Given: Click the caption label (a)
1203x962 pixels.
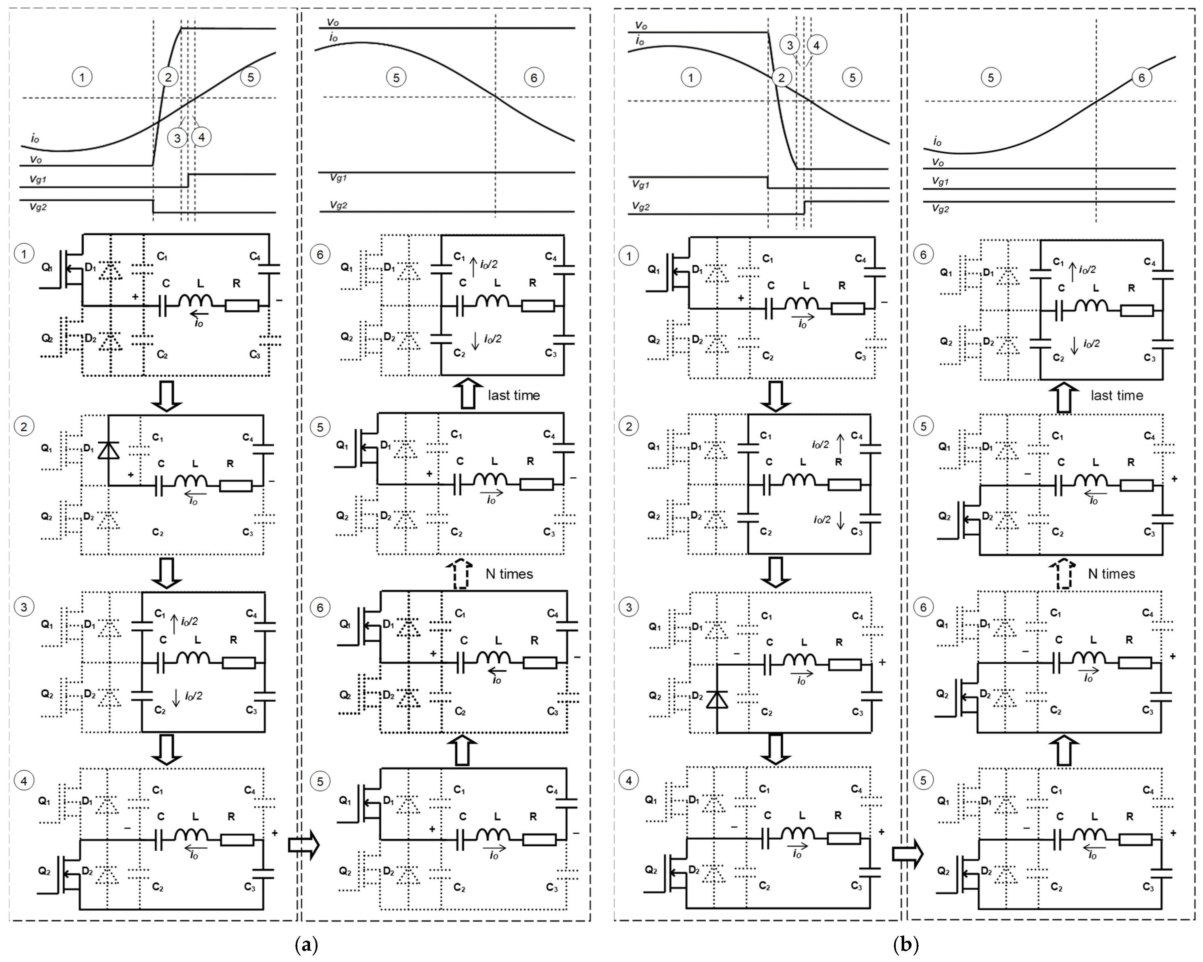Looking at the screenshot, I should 306,945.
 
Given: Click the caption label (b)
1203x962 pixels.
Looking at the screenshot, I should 906,945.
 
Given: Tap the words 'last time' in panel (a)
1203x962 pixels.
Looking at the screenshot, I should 513,395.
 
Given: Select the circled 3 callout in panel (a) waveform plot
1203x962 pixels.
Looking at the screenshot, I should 177,137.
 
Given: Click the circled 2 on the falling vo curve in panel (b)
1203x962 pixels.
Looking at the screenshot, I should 781,78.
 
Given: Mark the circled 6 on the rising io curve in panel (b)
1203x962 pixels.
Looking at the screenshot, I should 1141,78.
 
